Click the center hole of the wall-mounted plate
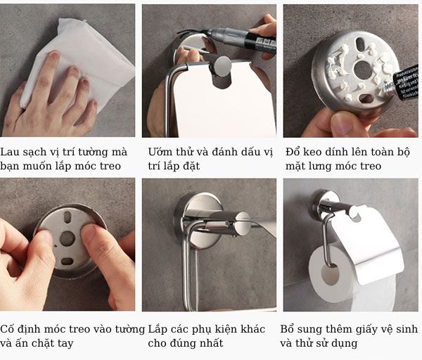(67, 238)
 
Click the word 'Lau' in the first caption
(11, 152)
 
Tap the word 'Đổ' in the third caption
(293, 152)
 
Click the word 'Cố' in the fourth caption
(8, 329)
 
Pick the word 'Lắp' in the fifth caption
(158, 329)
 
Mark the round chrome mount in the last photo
(326, 204)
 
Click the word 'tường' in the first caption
(95, 152)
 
